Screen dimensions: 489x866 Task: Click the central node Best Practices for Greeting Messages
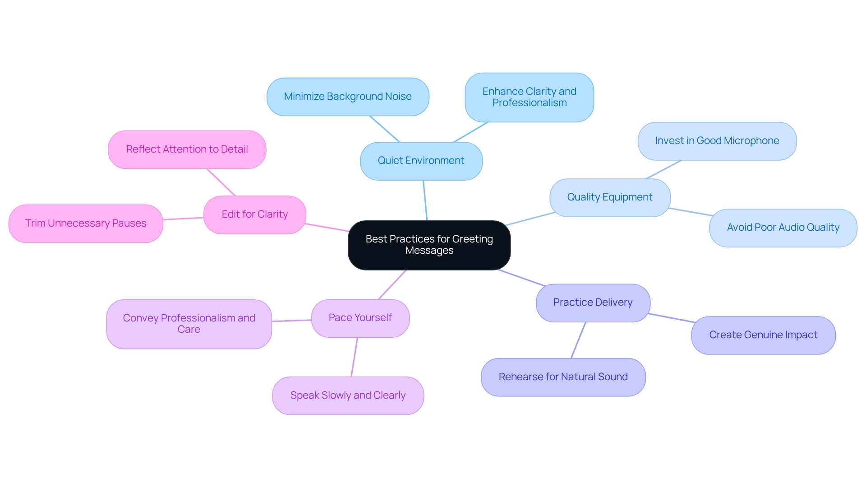(x=429, y=245)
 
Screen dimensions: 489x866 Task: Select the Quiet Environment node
(x=421, y=161)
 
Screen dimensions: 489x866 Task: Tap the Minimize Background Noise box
(x=347, y=97)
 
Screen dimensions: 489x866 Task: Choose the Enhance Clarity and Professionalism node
(x=529, y=97)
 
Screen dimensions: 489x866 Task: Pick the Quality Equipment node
(x=609, y=197)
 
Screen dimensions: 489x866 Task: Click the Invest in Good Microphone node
(x=717, y=141)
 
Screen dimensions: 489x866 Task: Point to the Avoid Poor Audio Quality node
(x=783, y=228)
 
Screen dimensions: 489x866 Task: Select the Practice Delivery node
(x=593, y=303)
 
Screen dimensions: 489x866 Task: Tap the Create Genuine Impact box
(x=763, y=335)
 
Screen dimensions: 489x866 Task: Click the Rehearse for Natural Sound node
(x=563, y=377)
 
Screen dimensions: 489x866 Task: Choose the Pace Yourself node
(x=360, y=318)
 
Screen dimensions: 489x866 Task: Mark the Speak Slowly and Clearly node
(x=348, y=396)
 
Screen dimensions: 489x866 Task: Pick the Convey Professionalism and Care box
(x=189, y=324)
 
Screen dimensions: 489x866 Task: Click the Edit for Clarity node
(x=254, y=214)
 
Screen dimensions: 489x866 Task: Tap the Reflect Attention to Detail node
(x=187, y=149)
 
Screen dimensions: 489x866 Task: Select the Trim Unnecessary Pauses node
(x=86, y=224)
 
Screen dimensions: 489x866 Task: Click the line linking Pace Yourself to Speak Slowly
(x=355, y=357)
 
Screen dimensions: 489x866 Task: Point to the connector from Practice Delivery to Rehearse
(x=578, y=340)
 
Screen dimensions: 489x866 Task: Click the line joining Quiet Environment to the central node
(x=425, y=200)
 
